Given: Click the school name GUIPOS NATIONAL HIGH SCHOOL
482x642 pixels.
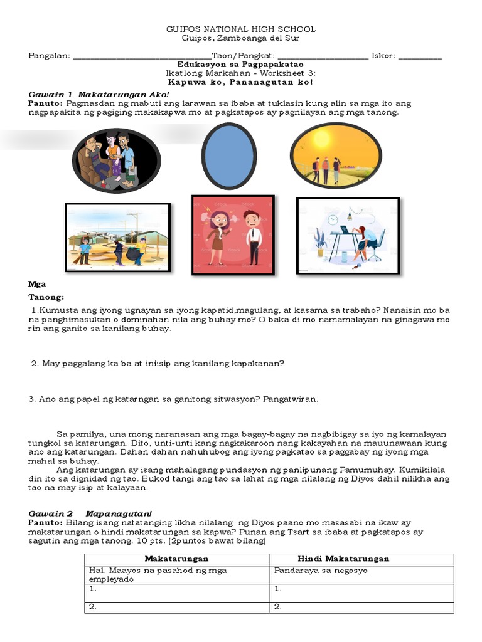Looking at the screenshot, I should pos(240,29).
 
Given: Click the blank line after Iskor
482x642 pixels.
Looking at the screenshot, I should pos(420,56).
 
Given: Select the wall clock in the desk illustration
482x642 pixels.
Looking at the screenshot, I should pos(333,218).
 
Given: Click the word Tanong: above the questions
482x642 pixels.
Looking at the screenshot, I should pos(47,297).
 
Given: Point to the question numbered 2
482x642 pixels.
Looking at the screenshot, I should pos(158,364).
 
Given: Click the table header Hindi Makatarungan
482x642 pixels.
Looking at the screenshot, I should pos(343,559).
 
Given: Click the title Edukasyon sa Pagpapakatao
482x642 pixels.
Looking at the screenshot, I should pos(240,64).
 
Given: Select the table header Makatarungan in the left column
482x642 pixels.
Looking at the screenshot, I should pos(176,559).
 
